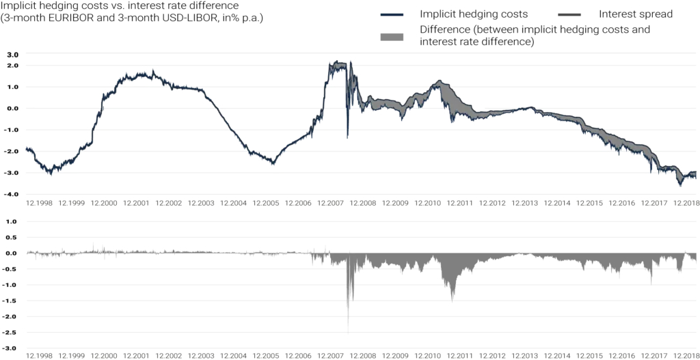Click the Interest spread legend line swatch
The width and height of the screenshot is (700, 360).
click(570, 14)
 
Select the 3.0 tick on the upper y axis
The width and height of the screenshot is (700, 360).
click(12, 54)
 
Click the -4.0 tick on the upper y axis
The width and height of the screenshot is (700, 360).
click(12, 195)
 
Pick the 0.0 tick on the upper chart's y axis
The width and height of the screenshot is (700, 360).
click(12, 109)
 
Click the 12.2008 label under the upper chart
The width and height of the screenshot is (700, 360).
click(363, 203)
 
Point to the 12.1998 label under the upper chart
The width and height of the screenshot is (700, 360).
click(38, 203)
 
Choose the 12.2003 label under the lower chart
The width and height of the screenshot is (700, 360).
click(200, 355)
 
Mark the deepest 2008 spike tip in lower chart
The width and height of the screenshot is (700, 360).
click(348, 331)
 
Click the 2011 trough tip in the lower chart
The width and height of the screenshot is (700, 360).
click(453, 300)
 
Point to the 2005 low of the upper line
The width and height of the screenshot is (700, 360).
click(273, 164)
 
